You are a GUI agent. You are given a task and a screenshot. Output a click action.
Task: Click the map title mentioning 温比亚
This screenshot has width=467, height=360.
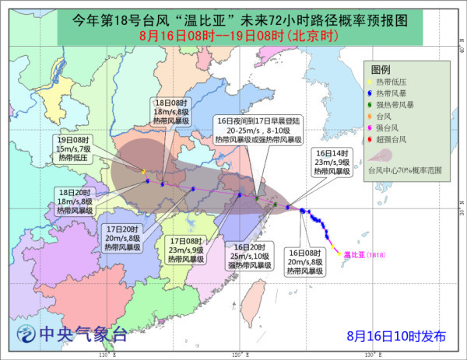(233, 18)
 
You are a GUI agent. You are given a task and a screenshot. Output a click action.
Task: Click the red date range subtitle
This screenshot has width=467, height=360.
(233, 36)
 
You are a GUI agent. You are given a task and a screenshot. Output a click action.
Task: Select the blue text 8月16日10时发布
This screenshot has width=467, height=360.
(396, 336)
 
